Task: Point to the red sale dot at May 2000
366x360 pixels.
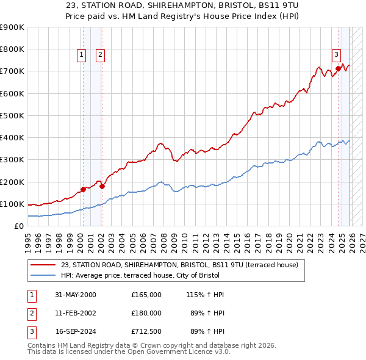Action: pyautogui.click(x=83, y=190)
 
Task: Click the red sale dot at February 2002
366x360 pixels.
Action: pyautogui.click(x=102, y=186)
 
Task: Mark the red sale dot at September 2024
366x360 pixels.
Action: pyautogui.click(x=338, y=68)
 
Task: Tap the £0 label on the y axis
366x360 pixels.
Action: pyautogui.click(x=18, y=226)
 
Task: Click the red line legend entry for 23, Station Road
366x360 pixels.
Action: pyautogui.click(x=179, y=265)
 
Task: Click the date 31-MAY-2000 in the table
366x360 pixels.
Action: pyautogui.click(x=76, y=295)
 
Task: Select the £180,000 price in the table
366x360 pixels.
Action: pyautogui.click(x=146, y=314)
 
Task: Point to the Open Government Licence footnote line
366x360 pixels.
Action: pyautogui.click(x=129, y=352)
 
